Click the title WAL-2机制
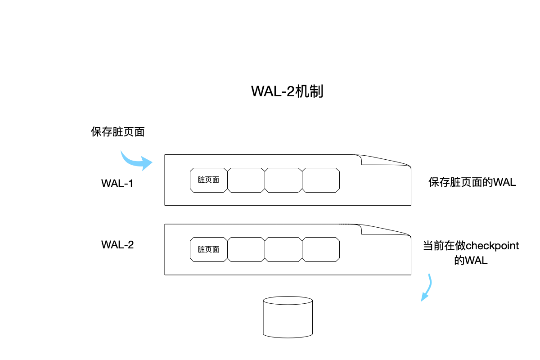pyautogui.click(x=287, y=91)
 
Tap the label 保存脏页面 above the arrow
pyautogui.click(x=117, y=132)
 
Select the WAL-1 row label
pyautogui.click(x=117, y=184)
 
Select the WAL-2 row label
pyautogui.click(x=117, y=245)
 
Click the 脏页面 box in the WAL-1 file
pyautogui.click(x=208, y=180)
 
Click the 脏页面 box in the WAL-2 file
pyautogui.click(x=208, y=249)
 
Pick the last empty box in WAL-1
pyautogui.click(x=321, y=180)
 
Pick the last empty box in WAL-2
pyautogui.click(x=321, y=249)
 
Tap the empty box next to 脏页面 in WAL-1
pyautogui.click(x=246, y=180)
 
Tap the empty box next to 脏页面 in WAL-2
pyautogui.click(x=246, y=249)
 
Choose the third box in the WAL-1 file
pyautogui.click(x=283, y=180)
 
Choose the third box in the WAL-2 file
pyautogui.click(x=283, y=249)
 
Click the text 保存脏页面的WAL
pyautogui.click(x=472, y=182)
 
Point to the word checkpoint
pyautogui.click(x=492, y=246)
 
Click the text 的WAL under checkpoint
pyautogui.click(x=471, y=261)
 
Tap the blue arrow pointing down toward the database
pyautogui.click(x=427, y=288)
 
